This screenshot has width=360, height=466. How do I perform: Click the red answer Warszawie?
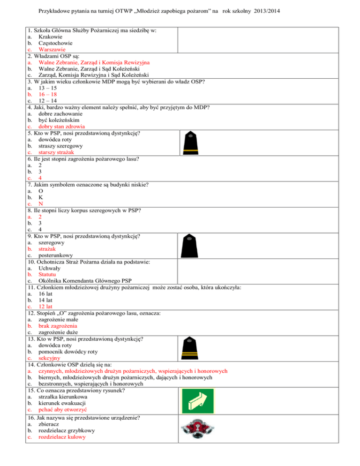(x=52, y=49)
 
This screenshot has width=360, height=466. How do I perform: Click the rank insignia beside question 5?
(x=191, y=143)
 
